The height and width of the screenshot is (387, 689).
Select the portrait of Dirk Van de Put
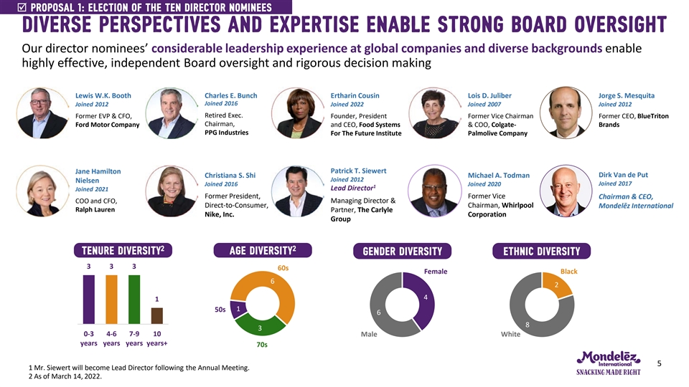(x=562, y=189)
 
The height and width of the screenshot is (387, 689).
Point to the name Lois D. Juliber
(x=489, y=95)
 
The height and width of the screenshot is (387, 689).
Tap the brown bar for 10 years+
(x=156, y=317)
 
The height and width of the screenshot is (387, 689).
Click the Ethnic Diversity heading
(x=541, y=251)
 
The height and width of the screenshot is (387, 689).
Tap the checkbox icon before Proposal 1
(x=8, y=7)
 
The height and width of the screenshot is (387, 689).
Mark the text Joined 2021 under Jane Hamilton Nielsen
(x=91, y=188)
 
